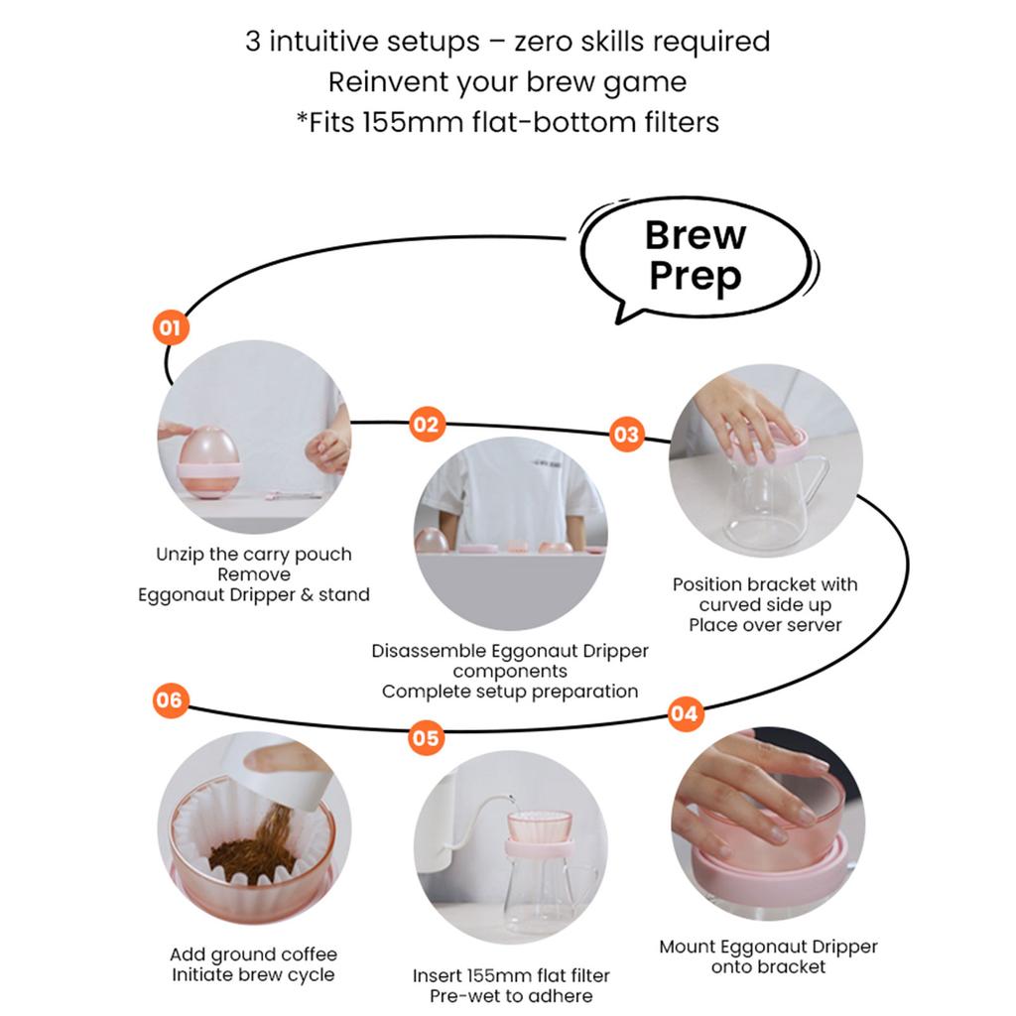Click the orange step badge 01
(x=171, y=328)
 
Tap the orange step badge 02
(x=426, y=425)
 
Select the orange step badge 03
(x=626, y=435)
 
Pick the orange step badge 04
(x=684, y=713)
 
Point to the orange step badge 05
(x=425, y=738)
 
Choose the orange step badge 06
(x=170, y=700)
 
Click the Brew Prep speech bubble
(x=695, y=256)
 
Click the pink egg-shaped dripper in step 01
(x=208, y=454)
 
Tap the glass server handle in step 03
(x=816, y=481)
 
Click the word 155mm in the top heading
(x=401, y=123)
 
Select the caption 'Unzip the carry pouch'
(x=254, y=555)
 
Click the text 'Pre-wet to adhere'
(x=511, y=995)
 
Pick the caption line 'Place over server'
(x=765, y=625)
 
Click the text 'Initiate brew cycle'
(x=253, y=974)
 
